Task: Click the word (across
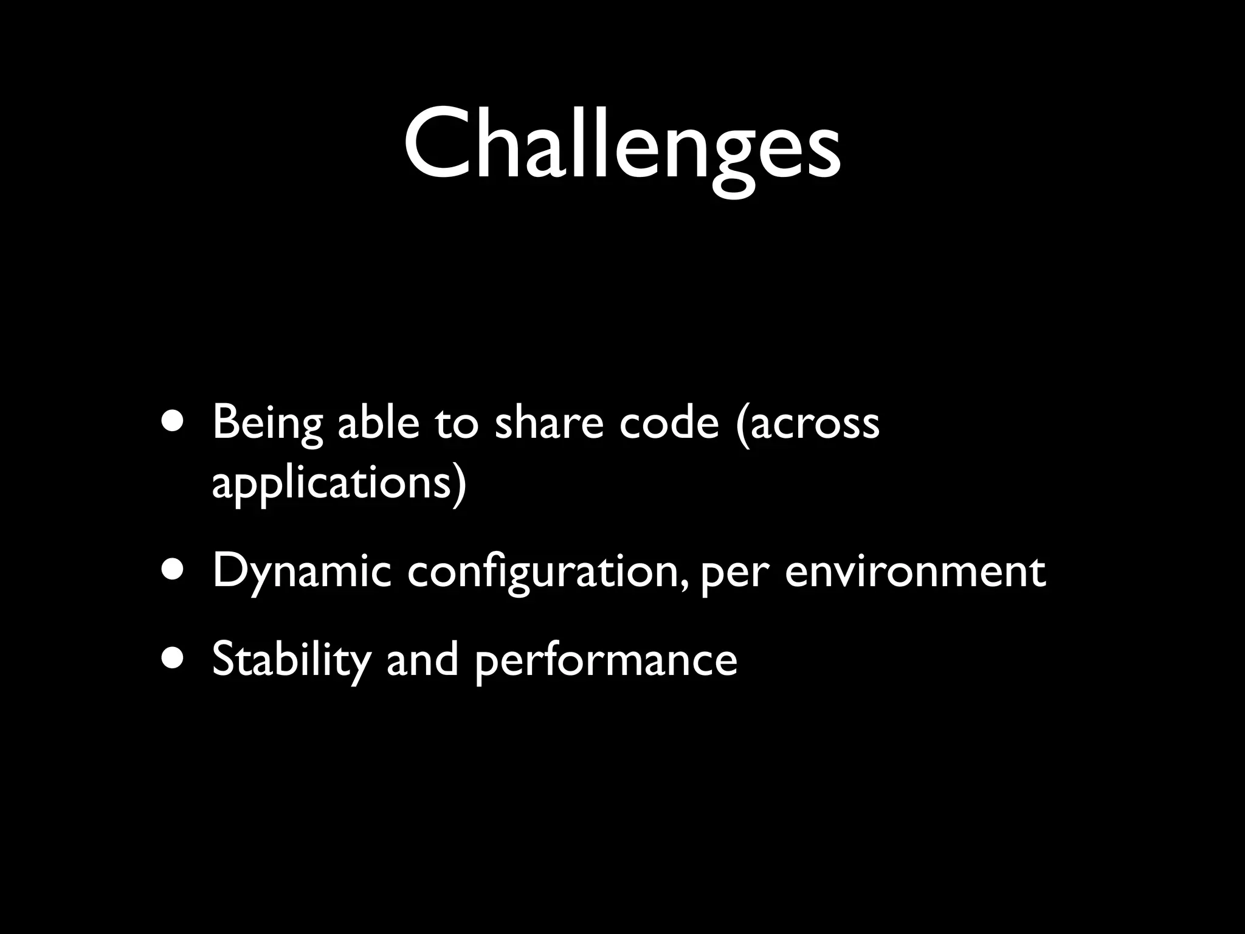(x=807, y=424)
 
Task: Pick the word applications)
(x=339, y=485)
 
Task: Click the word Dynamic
(x=302, y=573)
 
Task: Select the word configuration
(x=544, y=573)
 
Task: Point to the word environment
(x=916, y=573)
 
